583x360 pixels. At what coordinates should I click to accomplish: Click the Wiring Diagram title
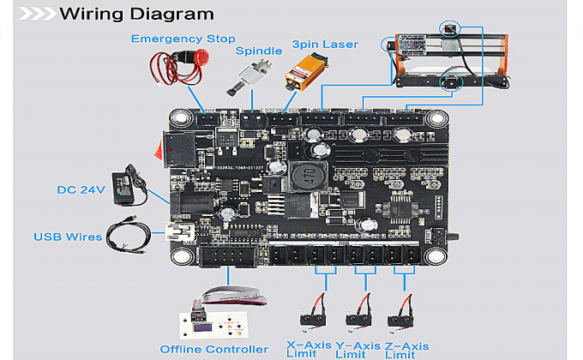pos(136,14)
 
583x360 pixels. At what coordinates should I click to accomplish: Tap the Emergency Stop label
pos(183,39)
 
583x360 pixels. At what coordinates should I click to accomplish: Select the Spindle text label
pos(259,51)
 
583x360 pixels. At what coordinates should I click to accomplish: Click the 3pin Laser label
pos(325,44)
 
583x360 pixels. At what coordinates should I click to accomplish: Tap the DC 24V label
pos(81,189)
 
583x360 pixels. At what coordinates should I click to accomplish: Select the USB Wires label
pos(68,237)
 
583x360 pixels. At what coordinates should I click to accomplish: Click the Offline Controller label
pos(213,349)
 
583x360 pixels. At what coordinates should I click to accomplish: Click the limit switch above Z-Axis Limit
pos(401,318)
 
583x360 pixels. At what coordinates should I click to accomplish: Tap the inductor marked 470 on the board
pos(302,177)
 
